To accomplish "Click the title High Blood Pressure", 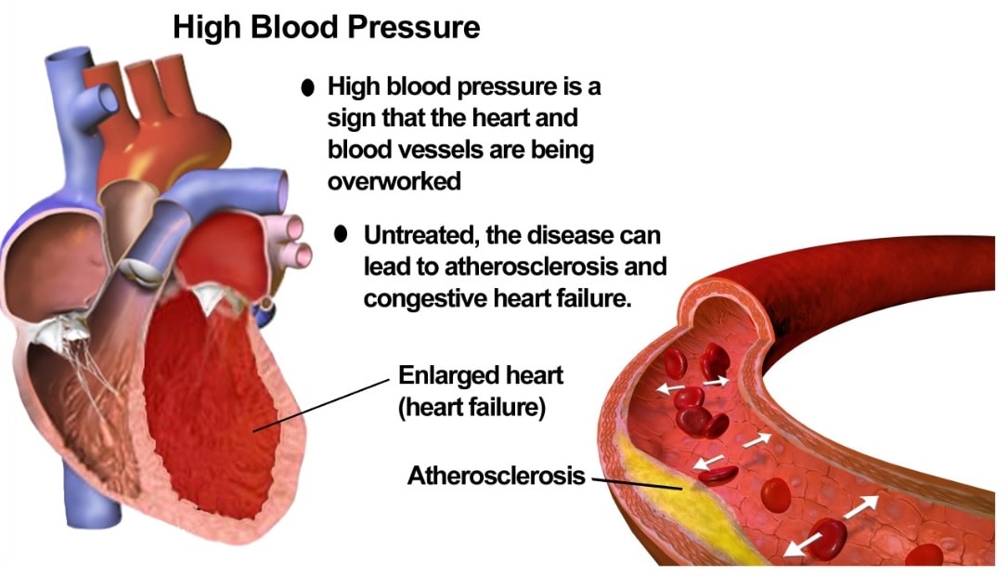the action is (x=326, y=28).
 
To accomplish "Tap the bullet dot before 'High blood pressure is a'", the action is (x=308, y=87).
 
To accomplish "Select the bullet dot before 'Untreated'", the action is (x=341, y=233).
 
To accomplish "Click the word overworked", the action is (x=394, y=181).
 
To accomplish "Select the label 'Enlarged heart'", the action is (x=480, y=374).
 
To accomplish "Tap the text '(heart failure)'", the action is (x=472, y=407).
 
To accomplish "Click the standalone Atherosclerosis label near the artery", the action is (x=497, y=476).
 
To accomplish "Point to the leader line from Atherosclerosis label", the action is (x=637, y=483).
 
